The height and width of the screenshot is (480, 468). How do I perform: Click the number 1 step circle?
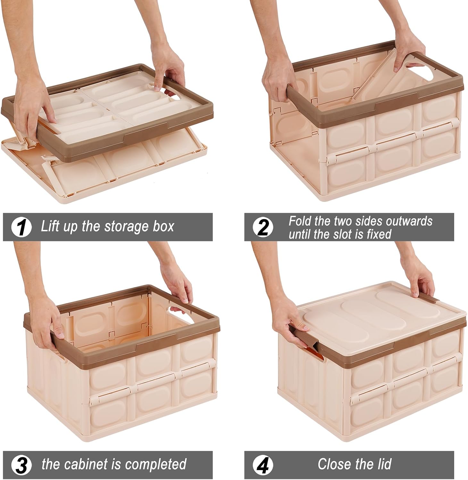[21, 227]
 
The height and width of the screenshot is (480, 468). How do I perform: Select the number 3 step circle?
[21, 465]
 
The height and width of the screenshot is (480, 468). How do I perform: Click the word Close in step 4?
[333, 464]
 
